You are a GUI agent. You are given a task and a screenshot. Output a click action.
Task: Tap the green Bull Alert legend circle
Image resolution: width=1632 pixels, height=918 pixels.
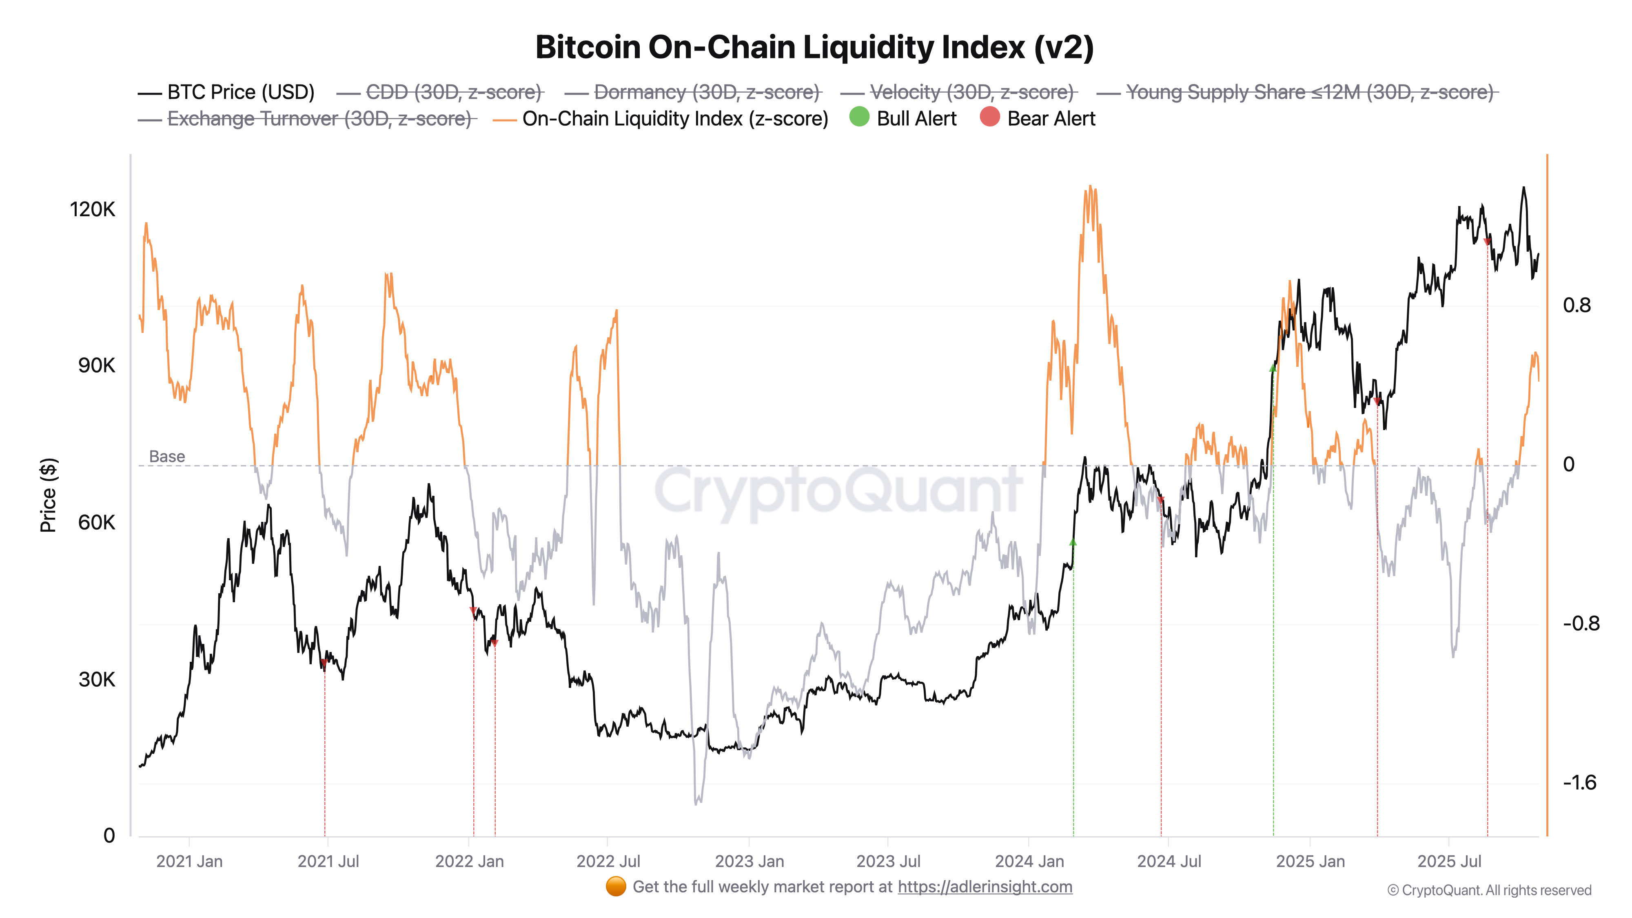[x=859, y=117]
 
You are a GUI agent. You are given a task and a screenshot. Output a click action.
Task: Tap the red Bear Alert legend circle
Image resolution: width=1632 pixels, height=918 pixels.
[x=989, y=117]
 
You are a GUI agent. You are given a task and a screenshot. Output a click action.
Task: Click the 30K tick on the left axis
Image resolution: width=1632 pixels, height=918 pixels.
[x=96, y=679]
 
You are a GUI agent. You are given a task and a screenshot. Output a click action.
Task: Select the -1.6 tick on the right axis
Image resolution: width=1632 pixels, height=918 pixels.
[x=1579, y=783]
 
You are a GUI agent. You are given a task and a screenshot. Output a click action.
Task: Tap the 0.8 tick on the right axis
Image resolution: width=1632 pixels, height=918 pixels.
[x=1576, y=305]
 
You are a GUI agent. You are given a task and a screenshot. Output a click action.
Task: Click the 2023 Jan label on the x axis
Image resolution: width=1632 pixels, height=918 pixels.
[x=749, y=862]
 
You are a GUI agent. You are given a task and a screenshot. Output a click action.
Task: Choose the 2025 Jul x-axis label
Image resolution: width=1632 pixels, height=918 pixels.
[x=1449, y=862]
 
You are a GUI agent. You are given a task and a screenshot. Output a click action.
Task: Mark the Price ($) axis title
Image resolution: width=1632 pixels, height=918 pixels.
[x=48, y=495]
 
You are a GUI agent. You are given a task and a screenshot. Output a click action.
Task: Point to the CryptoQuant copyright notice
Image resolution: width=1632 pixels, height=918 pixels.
[x=1489, y=890]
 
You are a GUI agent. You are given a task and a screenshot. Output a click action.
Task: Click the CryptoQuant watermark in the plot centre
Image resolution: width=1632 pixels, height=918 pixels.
[x=838, y=491]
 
